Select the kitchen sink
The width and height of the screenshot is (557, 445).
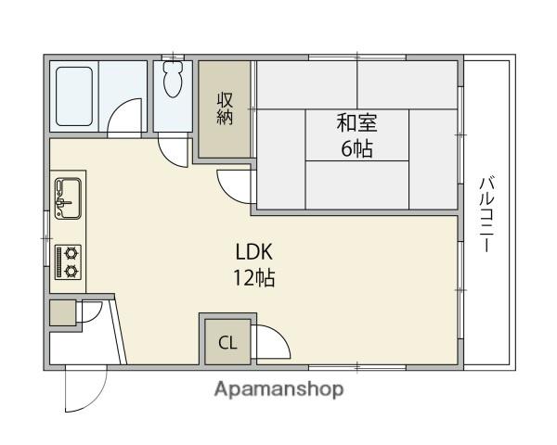click(x=68, y=197)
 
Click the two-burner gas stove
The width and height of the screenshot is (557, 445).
click(x=68, y=261)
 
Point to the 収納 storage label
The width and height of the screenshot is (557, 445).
click(x=225, y=108)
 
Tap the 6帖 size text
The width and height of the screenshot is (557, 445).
click(x=356, y=148)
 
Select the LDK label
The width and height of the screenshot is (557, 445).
click(x=253, y=251)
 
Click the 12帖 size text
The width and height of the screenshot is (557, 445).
click(x=253, y=277)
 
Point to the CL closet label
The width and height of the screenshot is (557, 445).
click(x=227, y=342)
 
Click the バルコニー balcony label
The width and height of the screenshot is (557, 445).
click(x=486, y=214)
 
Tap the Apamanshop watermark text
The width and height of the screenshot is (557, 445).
click(x=278, y=389)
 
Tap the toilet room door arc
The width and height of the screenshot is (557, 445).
click(x=172, y=148)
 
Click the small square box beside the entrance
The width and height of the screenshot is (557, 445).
click(x=63, y=313)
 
